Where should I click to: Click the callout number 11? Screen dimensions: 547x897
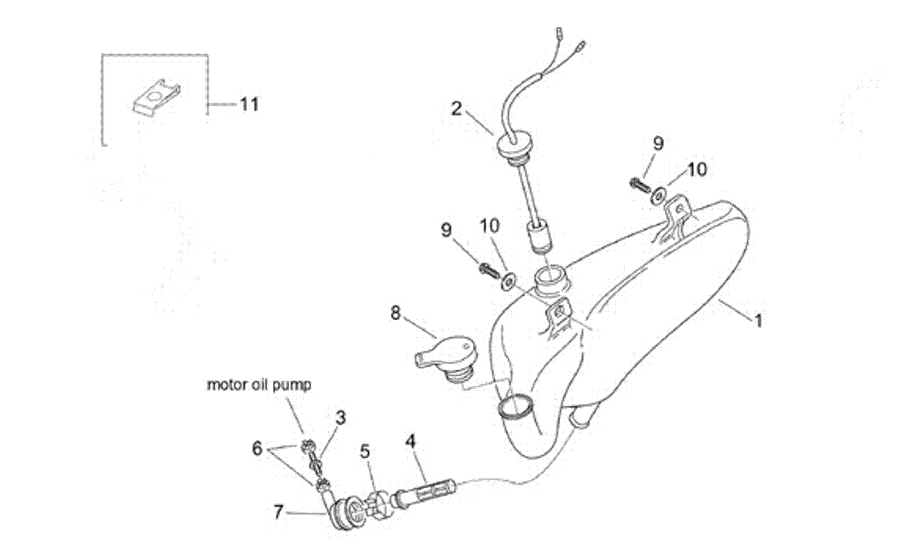(x=249, y=104)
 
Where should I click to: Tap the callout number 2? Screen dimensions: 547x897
(x=456, y=109)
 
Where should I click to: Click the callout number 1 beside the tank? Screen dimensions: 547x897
(x=758, y=321)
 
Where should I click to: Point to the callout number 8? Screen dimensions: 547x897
(x=395, y=313)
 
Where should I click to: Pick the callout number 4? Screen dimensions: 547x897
(x=410, y=442)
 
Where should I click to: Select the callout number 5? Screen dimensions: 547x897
(x=366, y=452)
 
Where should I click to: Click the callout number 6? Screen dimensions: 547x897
(x=257, y=448)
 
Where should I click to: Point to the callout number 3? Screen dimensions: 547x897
(x=340, y=418)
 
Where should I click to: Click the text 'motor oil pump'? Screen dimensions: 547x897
(x=259, y=385)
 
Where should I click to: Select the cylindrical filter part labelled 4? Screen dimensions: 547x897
(x=424, y=491)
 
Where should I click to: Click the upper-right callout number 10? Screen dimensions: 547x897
(x=697, y=169)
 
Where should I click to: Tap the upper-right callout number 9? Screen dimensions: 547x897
(x=658, y=144)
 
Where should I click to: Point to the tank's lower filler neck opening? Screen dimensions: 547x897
(x=515, y=406)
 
